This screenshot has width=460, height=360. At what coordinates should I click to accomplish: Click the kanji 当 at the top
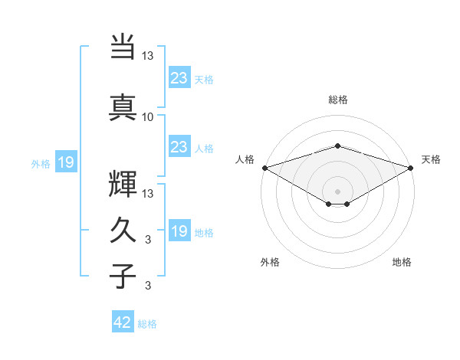pos(123,47)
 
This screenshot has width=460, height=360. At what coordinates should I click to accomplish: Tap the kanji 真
pos(123,106)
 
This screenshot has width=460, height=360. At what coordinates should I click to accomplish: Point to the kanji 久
pos(123,231)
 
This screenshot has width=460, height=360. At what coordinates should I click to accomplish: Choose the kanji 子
pos(123,277)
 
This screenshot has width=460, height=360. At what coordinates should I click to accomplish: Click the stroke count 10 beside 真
pos(148,117)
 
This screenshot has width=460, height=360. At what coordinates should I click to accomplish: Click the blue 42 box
pos(123,322)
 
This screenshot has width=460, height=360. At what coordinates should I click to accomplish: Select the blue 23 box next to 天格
pos(179,77)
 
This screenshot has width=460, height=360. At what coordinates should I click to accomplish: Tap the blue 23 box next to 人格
pos(179,147)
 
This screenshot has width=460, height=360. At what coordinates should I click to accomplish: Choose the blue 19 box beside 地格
pos(179,231)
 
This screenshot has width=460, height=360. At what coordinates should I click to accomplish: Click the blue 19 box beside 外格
pos(65,162)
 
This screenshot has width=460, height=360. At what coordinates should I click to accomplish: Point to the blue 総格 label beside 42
pos(148,324)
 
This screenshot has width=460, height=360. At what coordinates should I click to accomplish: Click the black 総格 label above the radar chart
pos(338,100)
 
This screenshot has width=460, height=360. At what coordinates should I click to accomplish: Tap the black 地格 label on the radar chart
pos(402,262)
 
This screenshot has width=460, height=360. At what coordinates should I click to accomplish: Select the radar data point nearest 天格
pos(412,167)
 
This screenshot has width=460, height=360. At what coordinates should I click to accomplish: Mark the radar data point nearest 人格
pos(264,167)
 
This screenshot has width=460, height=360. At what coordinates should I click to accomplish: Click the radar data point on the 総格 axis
pos(337,146)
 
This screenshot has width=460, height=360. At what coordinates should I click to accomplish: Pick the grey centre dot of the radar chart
pos(337,191)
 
